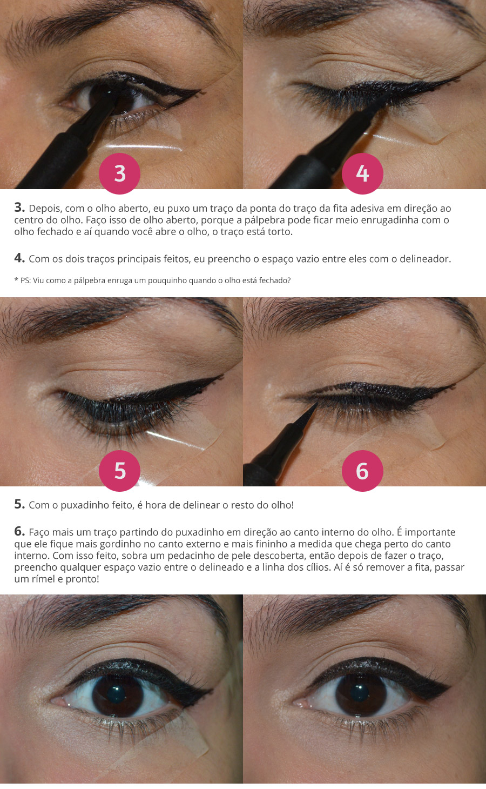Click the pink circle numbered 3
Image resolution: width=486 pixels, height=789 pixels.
point(120,173)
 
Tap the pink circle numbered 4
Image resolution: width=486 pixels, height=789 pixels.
point(362,173)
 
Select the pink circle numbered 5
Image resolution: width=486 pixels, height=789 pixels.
point(120,471)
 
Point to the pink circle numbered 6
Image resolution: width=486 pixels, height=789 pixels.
point(362,471)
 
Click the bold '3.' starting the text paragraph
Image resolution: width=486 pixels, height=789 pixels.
point(19,208)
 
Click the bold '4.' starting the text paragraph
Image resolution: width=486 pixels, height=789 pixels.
point(19,258)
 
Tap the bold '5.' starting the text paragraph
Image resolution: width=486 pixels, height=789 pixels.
point(19,504)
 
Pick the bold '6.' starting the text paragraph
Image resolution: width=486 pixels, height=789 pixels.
point(19,531)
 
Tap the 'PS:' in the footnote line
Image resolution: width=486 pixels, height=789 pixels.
point(25,280)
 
